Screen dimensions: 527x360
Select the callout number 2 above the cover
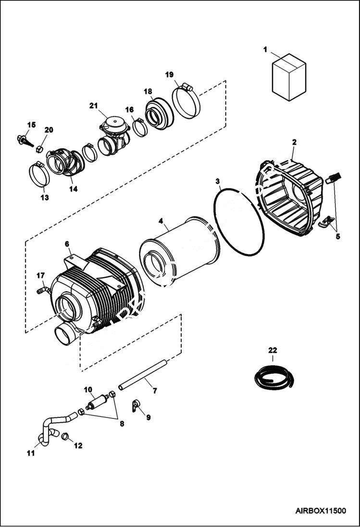click(294, 142)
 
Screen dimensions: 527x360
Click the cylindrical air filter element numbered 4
click(178, 255)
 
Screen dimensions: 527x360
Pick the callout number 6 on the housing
click(67, 244)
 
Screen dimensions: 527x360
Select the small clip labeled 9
click(135, 405)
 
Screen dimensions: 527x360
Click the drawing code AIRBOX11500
click(321, 511)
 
